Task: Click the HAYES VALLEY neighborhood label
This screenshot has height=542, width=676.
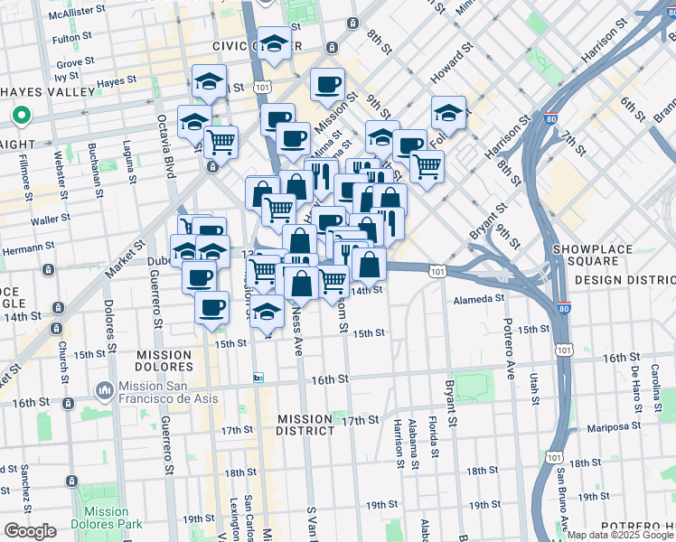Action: tap(49, 92)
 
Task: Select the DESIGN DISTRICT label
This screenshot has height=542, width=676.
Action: tap(624, 280)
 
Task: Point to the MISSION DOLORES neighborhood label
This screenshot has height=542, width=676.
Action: tap(164, 361)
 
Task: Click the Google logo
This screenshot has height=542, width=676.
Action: tap(30, 531)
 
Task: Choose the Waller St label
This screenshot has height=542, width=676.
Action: tap(50, 219)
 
